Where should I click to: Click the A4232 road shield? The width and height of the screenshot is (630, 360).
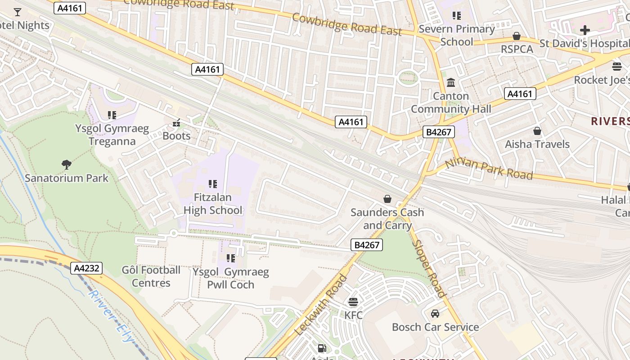[87, 269]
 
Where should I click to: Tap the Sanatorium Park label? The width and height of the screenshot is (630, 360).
[67, 178]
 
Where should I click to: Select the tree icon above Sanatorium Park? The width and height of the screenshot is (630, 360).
[67, 165]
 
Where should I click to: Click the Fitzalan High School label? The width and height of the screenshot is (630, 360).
[213, 203]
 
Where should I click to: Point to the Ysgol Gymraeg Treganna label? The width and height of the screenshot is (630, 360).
[112, 135]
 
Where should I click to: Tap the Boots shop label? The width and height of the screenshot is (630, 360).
[176, 136]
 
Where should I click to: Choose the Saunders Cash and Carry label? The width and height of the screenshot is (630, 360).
[387, 219]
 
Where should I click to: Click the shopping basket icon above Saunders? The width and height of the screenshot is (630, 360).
[387, 199]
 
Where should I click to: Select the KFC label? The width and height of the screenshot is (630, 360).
[353, 315]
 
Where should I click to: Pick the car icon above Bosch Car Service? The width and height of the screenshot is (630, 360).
[435, 314]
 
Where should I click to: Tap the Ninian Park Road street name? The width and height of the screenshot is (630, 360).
[489, 169]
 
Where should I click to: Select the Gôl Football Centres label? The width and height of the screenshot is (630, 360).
[151, 276]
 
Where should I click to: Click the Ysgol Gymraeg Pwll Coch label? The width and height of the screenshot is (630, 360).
[230, 278]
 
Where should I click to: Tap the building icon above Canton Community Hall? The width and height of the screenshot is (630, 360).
[451, 83]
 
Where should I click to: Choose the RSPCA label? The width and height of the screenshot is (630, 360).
[517, 49]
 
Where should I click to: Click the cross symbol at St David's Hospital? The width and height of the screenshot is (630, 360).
[585, 31]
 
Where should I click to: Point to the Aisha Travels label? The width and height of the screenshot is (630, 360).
[537, 144]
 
